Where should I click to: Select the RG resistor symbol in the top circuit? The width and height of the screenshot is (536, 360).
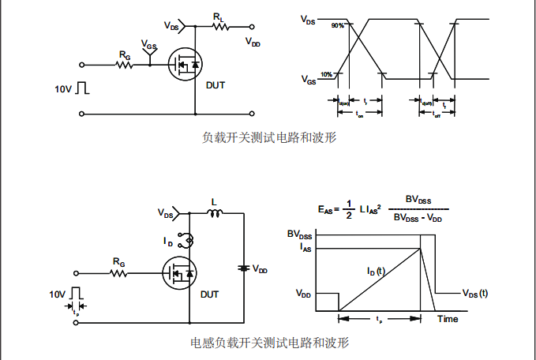click(124, 65)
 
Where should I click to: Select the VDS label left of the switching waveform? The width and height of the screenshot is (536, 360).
click(308, 21)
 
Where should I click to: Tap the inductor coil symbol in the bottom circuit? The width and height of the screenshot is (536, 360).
click(213, 212)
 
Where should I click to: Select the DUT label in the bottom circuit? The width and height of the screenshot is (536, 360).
click(209, 294)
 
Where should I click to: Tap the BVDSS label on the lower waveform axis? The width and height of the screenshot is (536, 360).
click(299, 234)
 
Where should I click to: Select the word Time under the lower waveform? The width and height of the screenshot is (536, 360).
click(448, 319)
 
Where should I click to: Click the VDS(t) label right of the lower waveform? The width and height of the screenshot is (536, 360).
click(474, 293)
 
